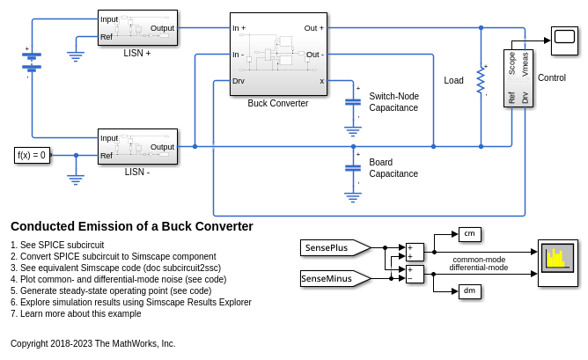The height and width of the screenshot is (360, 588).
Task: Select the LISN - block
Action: tap(137, 146)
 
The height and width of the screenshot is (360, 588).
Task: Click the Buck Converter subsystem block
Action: tap(278, 54)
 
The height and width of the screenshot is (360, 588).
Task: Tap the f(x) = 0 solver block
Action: tap(32, 156)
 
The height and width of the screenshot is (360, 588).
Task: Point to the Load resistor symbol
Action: tap(481, 80)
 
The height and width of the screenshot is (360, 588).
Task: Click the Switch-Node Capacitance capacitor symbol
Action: tap(353, 102)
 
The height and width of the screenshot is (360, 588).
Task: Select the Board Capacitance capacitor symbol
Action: tap(353, 167)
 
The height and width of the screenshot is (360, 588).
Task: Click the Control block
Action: tap(518, 77)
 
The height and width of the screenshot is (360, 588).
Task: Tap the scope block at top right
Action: tap(564, 35)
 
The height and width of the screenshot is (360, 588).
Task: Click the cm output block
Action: tap(470, 233)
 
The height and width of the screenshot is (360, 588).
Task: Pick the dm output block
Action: tap(470, 290)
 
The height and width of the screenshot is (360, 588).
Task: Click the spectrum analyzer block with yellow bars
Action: tap(558, 262)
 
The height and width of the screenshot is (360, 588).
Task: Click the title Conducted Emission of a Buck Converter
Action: tap(132, 226)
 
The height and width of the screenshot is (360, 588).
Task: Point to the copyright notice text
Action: tap(92, 343)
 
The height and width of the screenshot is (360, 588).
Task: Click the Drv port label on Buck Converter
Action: tap(239, 81)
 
